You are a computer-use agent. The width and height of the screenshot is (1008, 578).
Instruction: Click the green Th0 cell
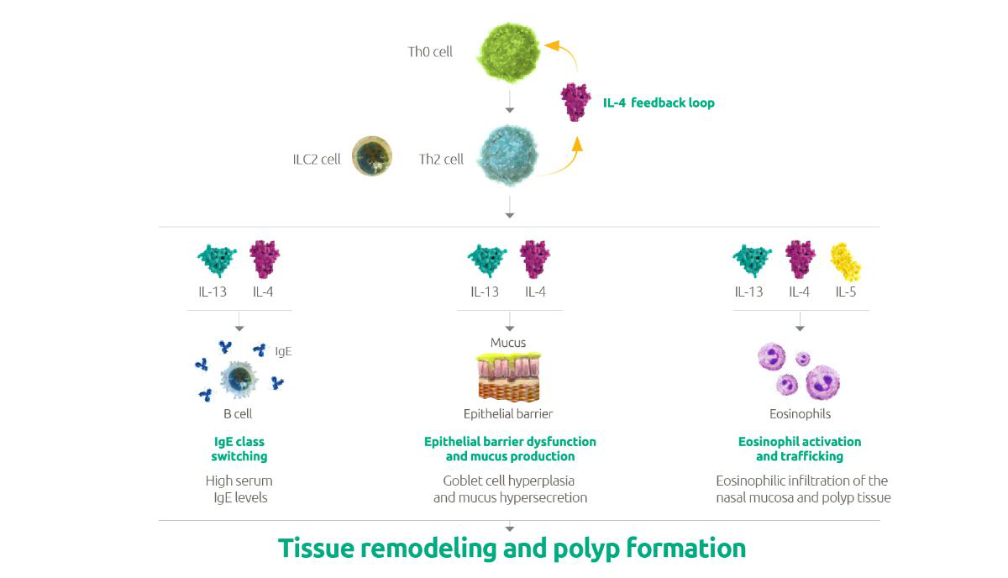click(x=507, y=52)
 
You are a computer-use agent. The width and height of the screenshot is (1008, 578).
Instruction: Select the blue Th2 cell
click(x=507, y=157)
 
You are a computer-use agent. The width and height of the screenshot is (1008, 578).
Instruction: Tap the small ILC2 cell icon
click(x=371, y=157)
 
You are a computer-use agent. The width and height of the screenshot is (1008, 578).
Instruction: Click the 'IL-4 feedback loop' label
click(x=659, y=102)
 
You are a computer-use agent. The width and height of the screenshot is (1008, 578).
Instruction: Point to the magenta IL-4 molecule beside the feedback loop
click(x=576, y=102)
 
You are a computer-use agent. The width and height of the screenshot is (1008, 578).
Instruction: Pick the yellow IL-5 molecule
click(x=845, y=261)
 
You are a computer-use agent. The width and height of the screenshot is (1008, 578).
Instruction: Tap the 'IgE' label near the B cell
click(x=283, y=351)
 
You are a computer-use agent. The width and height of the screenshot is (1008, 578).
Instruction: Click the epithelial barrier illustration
click(x=508, y=377)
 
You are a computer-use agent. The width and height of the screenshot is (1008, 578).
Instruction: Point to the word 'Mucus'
click(x=508, y=343)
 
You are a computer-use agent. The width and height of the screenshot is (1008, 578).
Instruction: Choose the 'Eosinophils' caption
click(x=800, y=414)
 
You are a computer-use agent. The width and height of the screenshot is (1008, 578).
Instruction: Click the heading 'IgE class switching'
click(x=239, y=449)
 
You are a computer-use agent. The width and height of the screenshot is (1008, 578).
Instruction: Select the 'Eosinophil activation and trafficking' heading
click(x=800, y=449)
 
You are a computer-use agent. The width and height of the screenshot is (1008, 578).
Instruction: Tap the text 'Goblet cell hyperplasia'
click(x=510, y=481)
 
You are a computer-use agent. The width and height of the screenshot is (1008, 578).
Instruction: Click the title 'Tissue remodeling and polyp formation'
click(x=512, y=549)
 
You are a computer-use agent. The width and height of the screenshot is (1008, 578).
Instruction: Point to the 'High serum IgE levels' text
click(x=239, y=489)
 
